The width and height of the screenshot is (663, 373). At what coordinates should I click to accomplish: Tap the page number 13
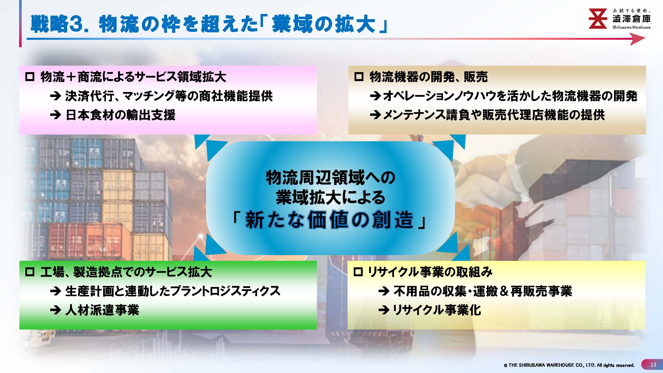pos(653,365)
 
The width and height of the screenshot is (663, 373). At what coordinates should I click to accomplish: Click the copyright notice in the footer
pos(569,365)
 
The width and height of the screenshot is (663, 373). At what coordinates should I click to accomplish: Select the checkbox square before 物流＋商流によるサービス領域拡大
pos(30,77)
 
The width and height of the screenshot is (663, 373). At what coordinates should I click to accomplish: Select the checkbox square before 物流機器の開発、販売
pos(359,77)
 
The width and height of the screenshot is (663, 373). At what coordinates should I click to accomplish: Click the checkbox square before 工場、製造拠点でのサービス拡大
pos(30,272)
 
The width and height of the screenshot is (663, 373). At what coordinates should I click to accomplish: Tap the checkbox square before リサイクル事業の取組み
pos(358,272)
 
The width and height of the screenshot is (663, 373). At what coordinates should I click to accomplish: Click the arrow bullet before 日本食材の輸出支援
pos(55,115)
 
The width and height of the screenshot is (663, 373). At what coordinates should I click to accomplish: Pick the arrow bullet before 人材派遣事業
pos(55,310)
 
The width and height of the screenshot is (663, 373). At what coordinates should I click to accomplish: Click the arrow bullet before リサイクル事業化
pos(384,310)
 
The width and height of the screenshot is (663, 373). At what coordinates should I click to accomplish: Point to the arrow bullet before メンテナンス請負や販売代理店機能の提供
pos(375,115)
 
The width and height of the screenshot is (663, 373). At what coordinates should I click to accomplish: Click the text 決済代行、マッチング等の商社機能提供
pos(169,96)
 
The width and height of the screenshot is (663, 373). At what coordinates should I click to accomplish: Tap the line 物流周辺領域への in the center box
pos(330,178)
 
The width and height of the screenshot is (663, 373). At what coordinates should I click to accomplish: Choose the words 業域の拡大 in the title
pos(323,24)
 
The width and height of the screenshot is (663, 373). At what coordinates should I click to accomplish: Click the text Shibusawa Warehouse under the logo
pos(631,27)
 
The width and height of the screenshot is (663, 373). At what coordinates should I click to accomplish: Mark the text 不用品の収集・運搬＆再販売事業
pos(483,291)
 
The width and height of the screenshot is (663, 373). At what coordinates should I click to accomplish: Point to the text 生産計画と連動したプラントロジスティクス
pos(173,291)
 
